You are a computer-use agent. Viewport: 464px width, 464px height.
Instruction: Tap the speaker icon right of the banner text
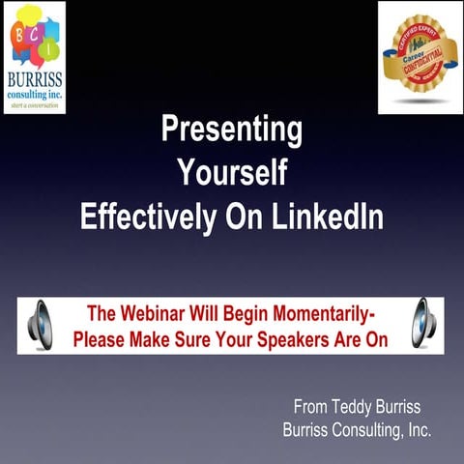coord(425,325)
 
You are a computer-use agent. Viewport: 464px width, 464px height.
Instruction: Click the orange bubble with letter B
coord(21,31)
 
